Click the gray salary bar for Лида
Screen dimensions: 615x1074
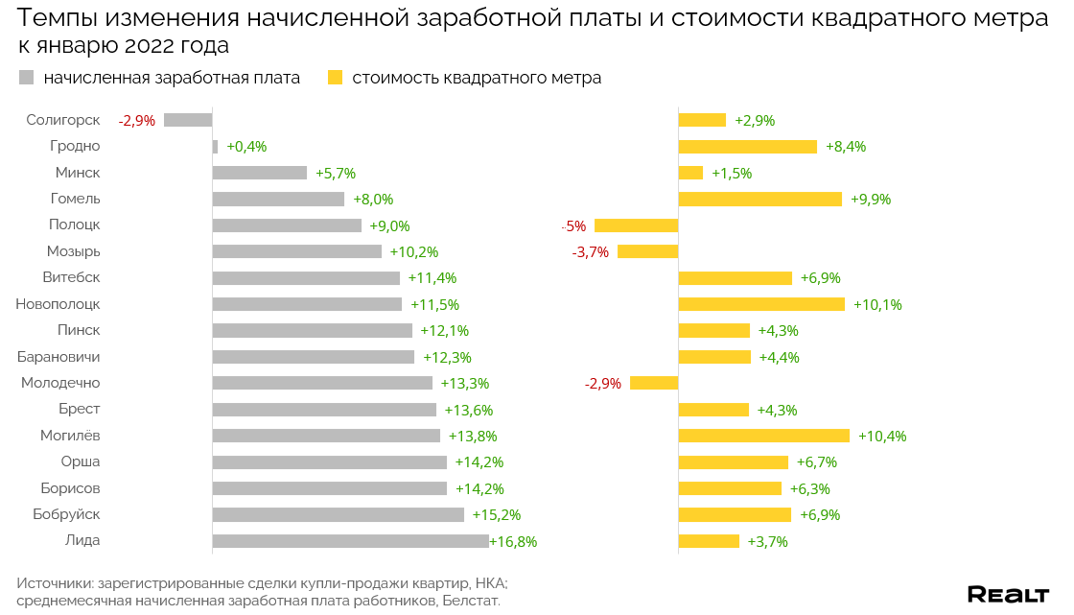click(x=350, y=541)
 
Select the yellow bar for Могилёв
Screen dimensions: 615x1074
click(x=763, y=436)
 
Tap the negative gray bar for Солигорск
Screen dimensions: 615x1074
click(x=188, y=120)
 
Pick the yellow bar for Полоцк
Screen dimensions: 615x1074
click(x=636, y=225)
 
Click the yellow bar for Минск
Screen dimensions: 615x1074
click(x=690, y=173)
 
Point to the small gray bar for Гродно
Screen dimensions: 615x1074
click(x=215, y=147)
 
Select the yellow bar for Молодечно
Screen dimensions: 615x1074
click(x=654, y=383)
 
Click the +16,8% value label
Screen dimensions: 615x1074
click(x=513, y=541)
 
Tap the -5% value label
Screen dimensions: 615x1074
click(x=573, y=226)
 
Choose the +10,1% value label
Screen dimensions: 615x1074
click(x=877, y=304)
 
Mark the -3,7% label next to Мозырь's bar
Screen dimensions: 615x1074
click(x=591, y=252)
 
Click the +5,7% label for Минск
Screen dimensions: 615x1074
click(x=336, y=174)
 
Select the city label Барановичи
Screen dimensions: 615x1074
click(x=58, y=357)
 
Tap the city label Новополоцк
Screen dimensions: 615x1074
click(x=58, y=304)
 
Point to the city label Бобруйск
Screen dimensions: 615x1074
click(x=66, y=514)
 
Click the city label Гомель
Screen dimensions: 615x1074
click(x=75, y=199)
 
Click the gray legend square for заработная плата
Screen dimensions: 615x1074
click(x=26, y=78)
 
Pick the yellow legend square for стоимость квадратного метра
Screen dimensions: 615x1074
click(x=335, y=78)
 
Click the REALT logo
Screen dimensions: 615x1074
click(x=1008, y=595)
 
